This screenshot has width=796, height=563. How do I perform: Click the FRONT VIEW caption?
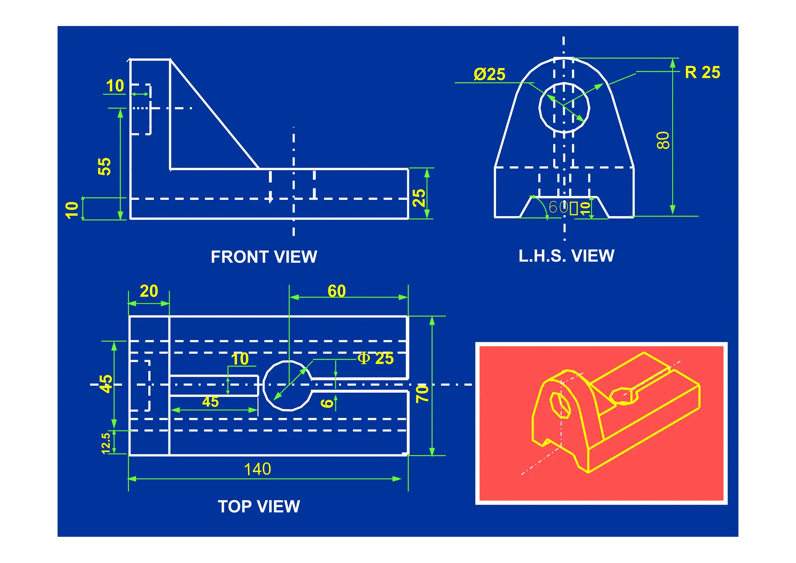264,257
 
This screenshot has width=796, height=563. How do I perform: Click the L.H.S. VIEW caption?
566,256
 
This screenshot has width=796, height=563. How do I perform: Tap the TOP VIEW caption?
259,507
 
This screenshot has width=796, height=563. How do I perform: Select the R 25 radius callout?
702,73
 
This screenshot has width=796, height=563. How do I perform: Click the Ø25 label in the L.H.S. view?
489,74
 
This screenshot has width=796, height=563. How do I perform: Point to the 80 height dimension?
663,140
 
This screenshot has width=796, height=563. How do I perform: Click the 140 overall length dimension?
257,469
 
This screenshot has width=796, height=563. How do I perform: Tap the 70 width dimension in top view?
422,393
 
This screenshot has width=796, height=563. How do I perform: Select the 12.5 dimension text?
106,443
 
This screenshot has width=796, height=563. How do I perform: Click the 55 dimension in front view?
105,166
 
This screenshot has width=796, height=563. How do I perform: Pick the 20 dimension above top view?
149,291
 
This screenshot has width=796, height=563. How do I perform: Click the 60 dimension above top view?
337,291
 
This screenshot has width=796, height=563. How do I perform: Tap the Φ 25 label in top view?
375,358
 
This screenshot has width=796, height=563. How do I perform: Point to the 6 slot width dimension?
327,403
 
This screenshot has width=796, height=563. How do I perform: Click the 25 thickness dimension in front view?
419,198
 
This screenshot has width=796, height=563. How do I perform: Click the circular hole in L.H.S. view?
564,107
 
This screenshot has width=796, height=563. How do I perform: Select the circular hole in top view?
288,385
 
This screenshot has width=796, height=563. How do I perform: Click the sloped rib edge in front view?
215,114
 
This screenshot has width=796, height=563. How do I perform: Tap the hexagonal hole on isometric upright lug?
560,405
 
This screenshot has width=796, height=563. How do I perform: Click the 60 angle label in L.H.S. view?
558,207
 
